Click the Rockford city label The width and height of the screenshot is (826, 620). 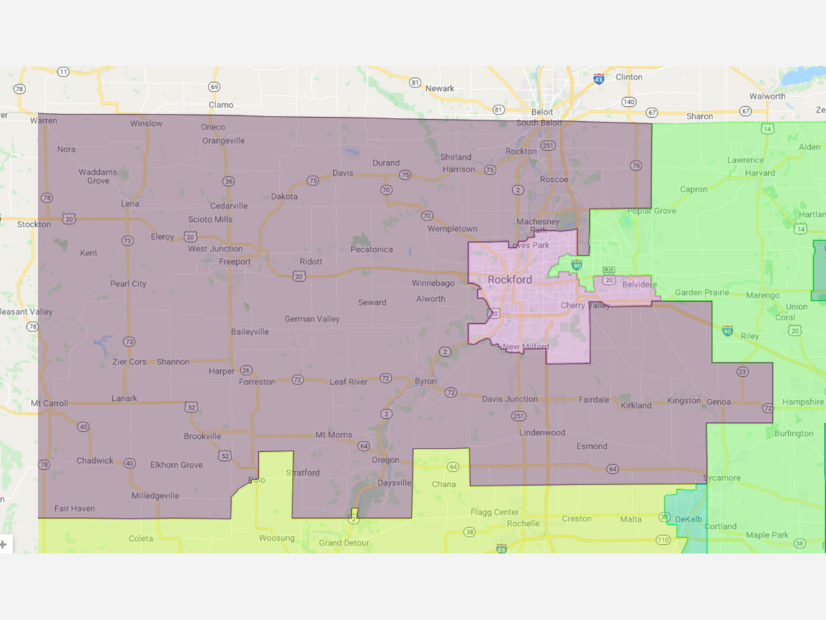[510, 280]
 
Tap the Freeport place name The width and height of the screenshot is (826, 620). [235, 262]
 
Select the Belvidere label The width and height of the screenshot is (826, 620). [639, 285]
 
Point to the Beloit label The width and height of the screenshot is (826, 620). [542, 112]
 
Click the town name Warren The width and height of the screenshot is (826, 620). [44, 121]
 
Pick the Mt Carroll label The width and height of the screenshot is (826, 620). [49, 403]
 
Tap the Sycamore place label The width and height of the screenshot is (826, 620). [722, 478]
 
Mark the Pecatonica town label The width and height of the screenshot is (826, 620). [371, 249]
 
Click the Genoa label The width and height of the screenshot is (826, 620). [719, 402]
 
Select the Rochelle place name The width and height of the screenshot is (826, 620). [523, 524]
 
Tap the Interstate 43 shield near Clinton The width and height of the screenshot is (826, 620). [599, 79]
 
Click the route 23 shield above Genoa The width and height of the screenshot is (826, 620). [742, 372]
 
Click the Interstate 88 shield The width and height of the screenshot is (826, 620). [501, 548]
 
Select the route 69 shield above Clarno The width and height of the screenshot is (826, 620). [214, 87]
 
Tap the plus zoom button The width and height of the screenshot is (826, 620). [3, 544]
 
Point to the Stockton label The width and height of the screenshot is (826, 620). [34, 225]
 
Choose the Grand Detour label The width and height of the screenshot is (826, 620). [343, 543]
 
